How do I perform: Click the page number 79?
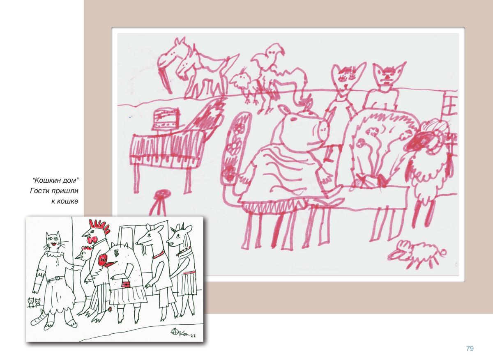[470, 349]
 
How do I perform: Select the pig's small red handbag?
[126, 284]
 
